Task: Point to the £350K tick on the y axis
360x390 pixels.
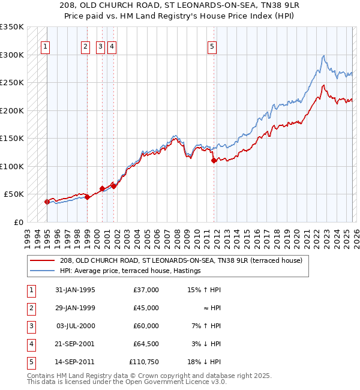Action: pos(12,27)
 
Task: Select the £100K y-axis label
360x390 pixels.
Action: pos(12,166)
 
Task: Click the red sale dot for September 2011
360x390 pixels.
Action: pos(214,161)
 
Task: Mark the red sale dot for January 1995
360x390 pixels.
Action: pos(47,202)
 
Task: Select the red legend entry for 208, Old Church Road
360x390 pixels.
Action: pos(184,260)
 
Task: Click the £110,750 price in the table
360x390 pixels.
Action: pos(144,362)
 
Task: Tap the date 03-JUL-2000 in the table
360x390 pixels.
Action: pos(76,326)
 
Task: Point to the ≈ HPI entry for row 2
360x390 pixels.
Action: pos(212,308)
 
